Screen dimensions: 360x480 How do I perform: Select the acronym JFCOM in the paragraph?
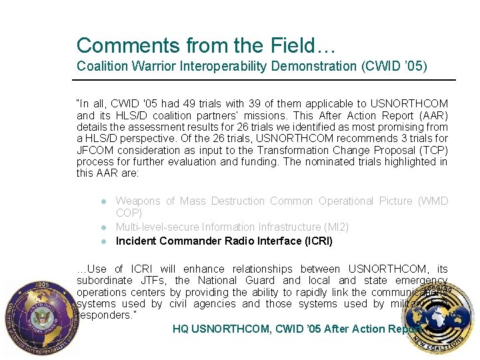coord(93,150)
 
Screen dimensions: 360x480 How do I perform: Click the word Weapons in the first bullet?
coord(137,201)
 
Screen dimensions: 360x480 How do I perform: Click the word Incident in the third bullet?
coord(135,241)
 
